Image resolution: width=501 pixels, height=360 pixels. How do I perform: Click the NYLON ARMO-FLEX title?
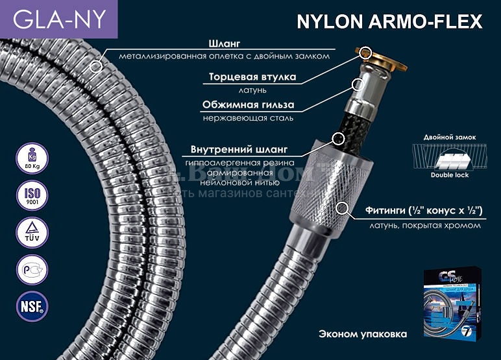389,21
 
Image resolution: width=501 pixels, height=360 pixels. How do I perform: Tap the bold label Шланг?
224,44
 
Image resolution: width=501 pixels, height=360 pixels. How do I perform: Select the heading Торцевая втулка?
252,77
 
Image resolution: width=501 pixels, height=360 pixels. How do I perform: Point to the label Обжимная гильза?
248,104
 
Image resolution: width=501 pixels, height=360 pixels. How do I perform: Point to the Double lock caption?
448,175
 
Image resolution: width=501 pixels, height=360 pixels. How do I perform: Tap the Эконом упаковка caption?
363,335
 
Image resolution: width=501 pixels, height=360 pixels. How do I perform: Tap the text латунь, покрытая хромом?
425,225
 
